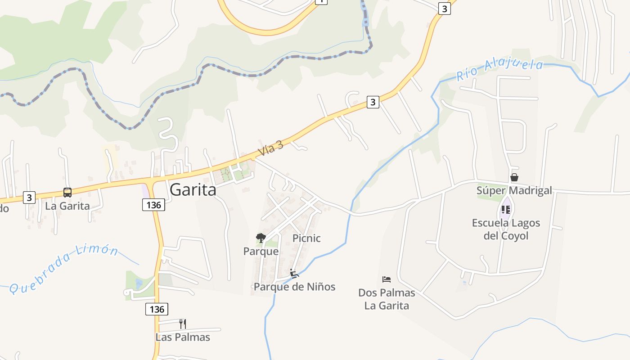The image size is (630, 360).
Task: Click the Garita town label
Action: coord(193,190)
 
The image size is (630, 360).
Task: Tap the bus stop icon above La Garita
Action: coord(67,193)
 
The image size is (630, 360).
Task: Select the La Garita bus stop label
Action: coord(67,206)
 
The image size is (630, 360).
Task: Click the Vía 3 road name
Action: coord(270,148)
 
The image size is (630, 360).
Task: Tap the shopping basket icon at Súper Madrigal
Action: coord(514,177)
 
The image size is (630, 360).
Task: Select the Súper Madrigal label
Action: coord(514,190)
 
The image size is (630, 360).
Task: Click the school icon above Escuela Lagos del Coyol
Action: coord(506,210)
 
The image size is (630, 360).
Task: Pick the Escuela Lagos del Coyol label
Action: coord(506,229)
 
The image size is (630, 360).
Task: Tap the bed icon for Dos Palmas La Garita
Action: coord(386,279)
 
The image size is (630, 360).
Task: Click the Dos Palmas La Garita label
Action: coord(387,299)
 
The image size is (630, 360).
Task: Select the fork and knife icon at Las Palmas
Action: coord(182,324)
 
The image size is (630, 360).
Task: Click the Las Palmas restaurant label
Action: coord(183,337)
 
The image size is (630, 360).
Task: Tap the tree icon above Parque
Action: coord(261,238)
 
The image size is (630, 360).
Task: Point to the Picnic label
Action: coord(306,238)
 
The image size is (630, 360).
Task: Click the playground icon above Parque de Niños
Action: coord(294,273)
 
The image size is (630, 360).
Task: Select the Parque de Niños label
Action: coord(294,287)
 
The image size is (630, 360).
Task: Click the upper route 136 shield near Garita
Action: coord(153,205)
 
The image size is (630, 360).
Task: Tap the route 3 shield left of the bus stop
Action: coord(29,197)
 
